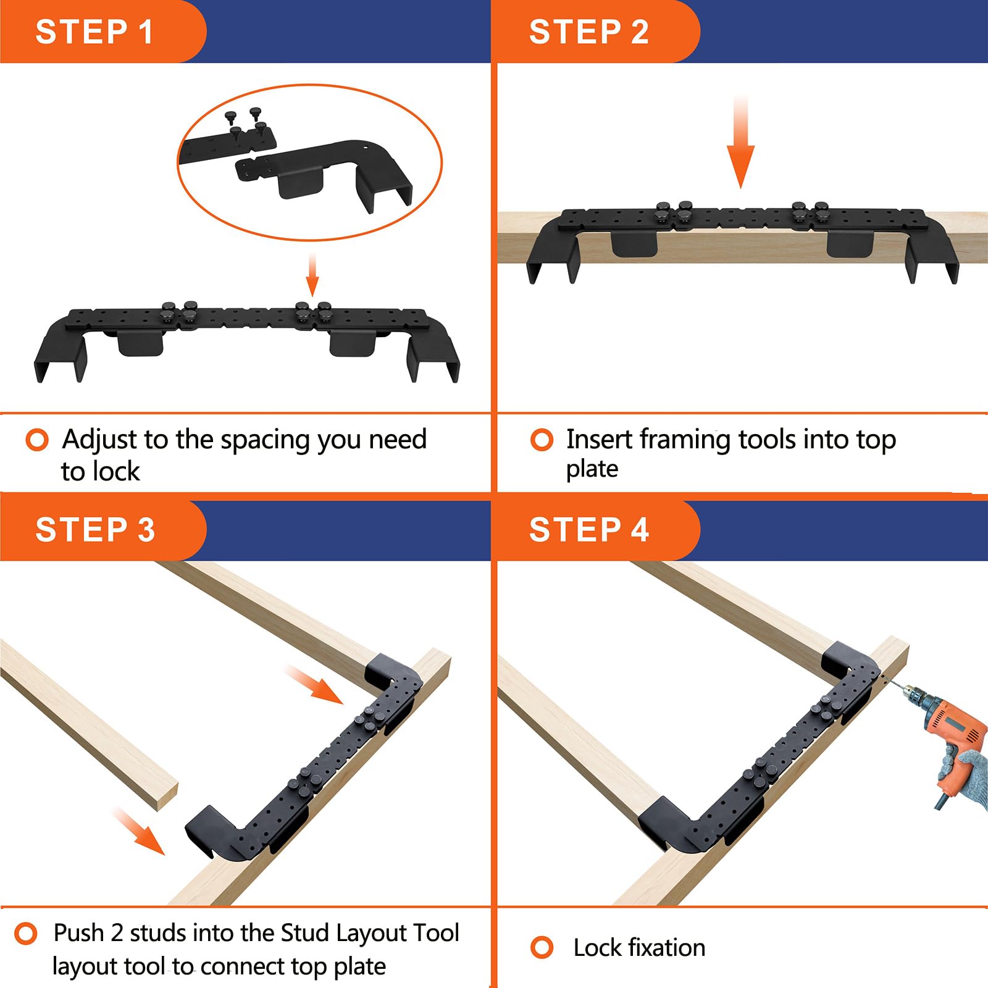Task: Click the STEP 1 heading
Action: [94, 31]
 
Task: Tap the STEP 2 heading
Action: [588, 31]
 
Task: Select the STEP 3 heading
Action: [95, 530]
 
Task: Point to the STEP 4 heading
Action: [588, 530]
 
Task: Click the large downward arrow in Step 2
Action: [740, 142]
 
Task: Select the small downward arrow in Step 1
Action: [312, 275]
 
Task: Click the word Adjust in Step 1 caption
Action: [100, 440]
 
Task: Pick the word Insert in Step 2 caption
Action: [599, 439]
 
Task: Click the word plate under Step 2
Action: [592, 469]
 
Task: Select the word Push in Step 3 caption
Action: [78, 932]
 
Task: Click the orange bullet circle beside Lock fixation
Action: [542, 947]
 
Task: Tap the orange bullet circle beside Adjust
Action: [37, 440]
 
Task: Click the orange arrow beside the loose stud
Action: [140, 831]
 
